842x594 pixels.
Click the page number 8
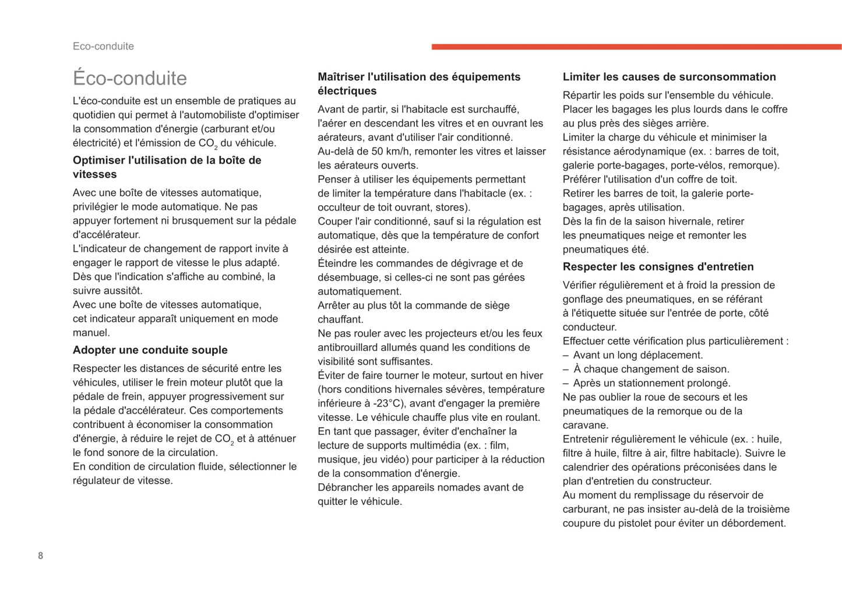point(40,556)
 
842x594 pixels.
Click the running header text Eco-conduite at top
point(103,46)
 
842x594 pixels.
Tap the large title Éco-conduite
point(129,78)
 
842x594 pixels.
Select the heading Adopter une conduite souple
point(150,350)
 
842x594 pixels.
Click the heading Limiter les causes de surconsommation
point(669,77)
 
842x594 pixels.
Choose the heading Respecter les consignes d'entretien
point(658,266)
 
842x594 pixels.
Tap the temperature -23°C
point(390,403)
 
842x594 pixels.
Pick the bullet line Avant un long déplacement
point(637,355)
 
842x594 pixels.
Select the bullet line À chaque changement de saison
point(651,369)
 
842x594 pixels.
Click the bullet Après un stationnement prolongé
point(651,383)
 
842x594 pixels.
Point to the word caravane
point(586,425)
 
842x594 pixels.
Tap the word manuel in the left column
point(91,333)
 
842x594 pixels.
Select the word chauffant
point(340,319)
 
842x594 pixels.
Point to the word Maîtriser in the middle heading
point(341,77)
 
